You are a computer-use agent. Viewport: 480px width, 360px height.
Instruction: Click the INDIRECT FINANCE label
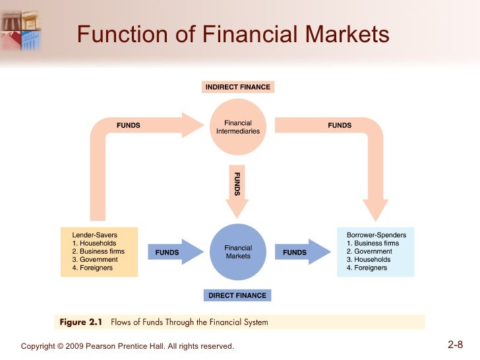[237, 87]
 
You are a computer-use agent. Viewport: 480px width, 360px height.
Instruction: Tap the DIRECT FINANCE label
[237, 295]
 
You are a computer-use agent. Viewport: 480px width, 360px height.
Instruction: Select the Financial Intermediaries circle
[238, 127]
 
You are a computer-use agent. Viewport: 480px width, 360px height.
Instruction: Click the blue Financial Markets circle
[238, 252]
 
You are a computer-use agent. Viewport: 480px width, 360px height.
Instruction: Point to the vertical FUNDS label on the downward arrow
[237, 184]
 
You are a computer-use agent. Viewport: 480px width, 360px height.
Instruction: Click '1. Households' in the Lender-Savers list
[94, 243]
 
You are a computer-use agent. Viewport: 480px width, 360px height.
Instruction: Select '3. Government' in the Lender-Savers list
[96, 260]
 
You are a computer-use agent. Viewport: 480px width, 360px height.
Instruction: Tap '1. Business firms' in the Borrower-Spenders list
[373, 243]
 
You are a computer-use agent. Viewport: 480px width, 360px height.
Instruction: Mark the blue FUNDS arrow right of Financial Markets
[300, 252]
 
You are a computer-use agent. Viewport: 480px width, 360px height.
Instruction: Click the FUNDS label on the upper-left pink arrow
[129, 125]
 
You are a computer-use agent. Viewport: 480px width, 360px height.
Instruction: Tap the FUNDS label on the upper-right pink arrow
[340, 125]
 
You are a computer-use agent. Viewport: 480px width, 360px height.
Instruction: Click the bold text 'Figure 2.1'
[81, 322]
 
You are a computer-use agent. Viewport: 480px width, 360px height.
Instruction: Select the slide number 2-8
[456, 344]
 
